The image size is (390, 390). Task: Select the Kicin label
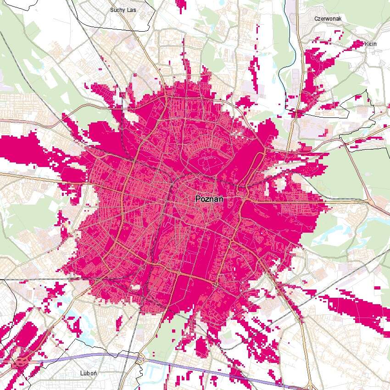pos(370,44)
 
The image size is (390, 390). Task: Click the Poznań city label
pos(209,199)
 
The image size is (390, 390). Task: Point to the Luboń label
pos(87,373)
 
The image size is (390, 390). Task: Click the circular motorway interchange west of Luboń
pos(20,362)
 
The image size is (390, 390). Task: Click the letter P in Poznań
pos(198,199)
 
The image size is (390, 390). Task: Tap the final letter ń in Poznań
pos(221,199)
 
